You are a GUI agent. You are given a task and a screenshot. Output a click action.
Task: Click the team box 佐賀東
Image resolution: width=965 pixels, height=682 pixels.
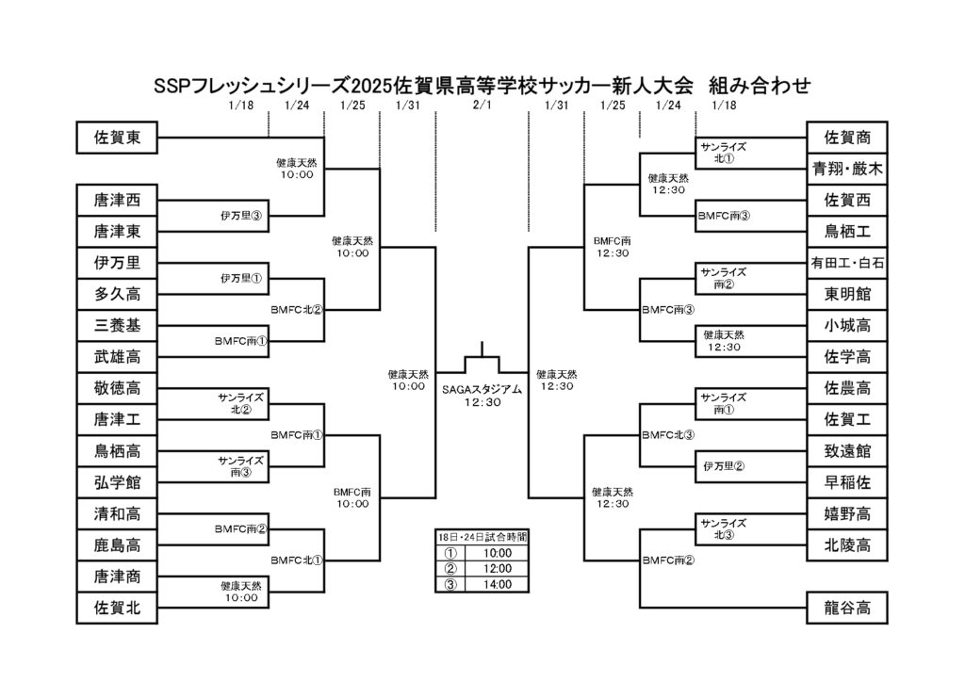(117, 138)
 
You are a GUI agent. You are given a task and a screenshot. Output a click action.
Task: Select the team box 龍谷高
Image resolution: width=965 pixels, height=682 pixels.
(847, 608)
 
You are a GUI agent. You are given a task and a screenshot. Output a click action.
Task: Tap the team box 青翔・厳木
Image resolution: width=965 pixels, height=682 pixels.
(847, 169)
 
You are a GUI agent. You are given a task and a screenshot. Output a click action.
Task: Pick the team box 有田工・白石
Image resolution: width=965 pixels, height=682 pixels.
(847, 263)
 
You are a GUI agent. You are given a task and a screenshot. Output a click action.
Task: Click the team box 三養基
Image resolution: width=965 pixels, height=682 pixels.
(117, 325)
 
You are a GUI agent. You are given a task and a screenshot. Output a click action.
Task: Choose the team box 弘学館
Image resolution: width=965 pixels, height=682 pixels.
(117, 482)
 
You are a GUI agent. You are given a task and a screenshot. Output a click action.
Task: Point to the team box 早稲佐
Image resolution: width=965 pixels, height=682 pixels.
(847, 482)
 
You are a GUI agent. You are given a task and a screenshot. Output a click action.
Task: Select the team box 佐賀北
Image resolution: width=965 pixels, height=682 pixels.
(117, 608)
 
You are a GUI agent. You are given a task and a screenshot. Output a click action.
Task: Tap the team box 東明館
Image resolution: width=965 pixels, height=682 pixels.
(847, 294)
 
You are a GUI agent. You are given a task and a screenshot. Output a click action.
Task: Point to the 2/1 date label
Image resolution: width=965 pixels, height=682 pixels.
(482, 106)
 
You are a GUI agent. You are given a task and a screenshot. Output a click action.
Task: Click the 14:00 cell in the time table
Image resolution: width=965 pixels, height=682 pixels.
(498, 584)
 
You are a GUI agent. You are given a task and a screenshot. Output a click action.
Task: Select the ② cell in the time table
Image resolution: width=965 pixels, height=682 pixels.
(450, 568)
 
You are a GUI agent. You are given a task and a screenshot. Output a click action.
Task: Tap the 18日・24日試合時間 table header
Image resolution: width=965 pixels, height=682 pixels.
(482, 537)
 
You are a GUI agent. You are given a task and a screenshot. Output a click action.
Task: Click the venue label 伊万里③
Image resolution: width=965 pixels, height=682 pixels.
(241, 216)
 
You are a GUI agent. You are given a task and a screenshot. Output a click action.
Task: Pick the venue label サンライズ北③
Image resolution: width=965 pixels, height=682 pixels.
(724, 528)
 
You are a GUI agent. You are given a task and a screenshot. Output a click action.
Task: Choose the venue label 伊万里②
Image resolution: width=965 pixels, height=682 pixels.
(724, 466)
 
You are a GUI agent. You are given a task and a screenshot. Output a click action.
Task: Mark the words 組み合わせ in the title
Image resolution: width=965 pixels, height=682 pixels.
(760, 86)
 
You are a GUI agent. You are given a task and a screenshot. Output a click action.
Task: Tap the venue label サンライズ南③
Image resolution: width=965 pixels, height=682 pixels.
(240, 466)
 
